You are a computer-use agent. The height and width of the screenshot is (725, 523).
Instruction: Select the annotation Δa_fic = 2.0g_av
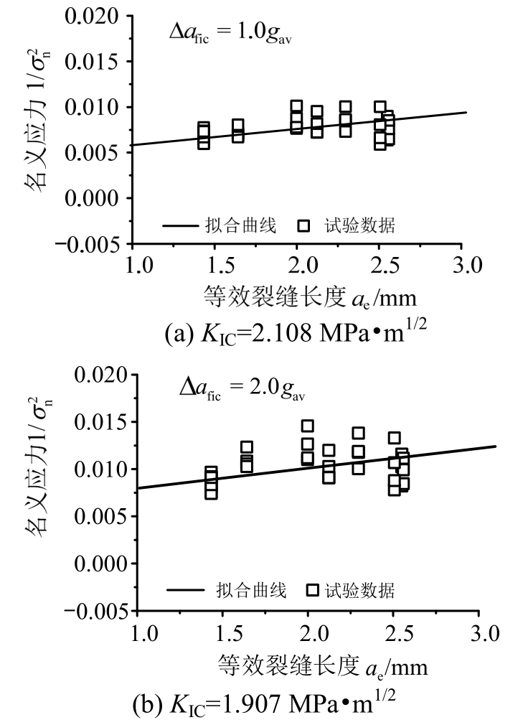(x=246, y=392)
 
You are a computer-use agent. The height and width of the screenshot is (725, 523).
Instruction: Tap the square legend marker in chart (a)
(x=304, y=225)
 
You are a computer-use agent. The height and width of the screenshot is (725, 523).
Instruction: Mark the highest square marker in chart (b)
(x=308, y=426)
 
